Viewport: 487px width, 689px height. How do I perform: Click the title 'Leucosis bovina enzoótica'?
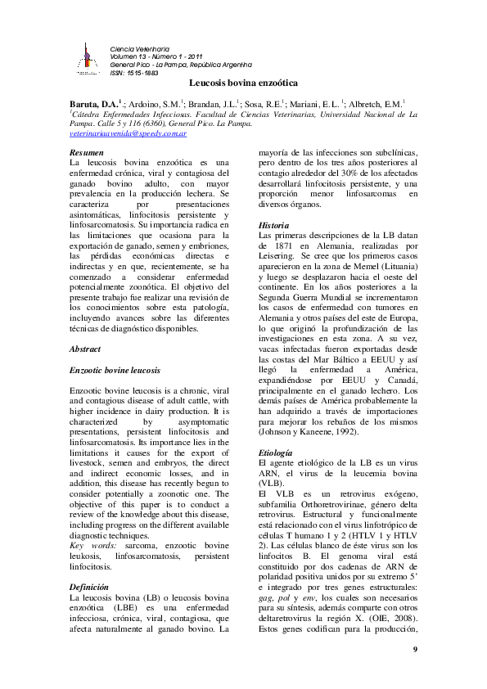coord(243,84)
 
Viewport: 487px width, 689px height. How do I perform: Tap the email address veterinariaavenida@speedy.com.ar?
coord(129,133)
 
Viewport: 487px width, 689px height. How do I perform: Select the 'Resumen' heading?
coord(86,153)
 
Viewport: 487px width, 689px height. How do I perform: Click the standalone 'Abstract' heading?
coord(86,349)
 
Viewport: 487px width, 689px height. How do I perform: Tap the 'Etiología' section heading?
coord(275,452)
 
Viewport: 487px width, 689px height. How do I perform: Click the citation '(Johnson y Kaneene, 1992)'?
coord(306,430)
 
